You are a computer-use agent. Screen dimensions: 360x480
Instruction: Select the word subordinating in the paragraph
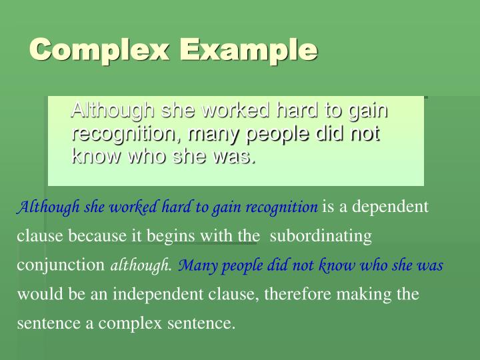click(x=321, y=236)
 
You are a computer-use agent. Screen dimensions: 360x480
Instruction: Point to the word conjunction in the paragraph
click(x=61, y=265)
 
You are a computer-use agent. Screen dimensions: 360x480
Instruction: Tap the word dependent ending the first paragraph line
click(x=390, y=207)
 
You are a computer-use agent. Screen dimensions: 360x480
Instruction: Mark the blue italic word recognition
click(x=282, y=207)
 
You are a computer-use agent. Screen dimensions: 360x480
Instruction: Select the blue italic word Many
click(x=195, y=265)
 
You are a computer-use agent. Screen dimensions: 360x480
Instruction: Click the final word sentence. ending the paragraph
click(x=201, y=323)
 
